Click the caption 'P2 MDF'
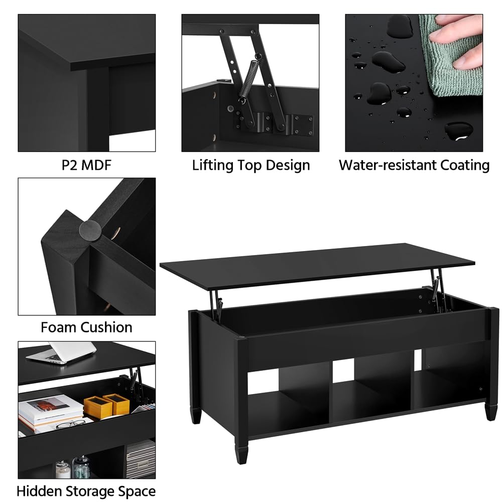86,165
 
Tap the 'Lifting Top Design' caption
250,165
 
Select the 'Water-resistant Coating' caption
414,165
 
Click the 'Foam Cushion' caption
86,328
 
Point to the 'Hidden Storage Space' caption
86,490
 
